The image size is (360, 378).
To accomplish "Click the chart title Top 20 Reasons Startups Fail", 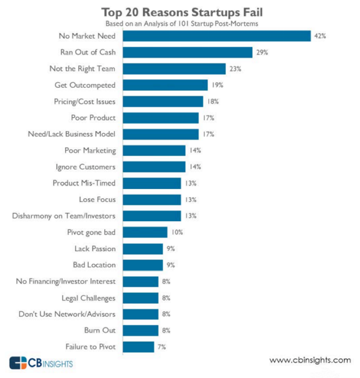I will [x=182, y=12].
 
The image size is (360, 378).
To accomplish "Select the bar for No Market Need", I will [x=217, y=36].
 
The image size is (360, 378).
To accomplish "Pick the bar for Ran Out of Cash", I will [x=188, y=52].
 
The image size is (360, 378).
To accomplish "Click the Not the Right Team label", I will [x=82, y=69].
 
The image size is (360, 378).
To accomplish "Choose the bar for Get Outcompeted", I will [x=165, y=85].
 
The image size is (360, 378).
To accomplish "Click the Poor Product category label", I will [x=93, y=118].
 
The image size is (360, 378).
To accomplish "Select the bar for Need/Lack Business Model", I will [x=161, y=134].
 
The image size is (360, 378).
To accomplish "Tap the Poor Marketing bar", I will [x=154, y=151].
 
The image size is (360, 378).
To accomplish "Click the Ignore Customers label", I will [x=86, y=167].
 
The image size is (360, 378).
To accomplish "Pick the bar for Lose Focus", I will [x=152, y=200].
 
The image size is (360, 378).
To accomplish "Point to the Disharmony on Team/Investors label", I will [x=64, y=216].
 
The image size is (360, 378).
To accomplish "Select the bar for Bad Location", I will [x=143, y=265].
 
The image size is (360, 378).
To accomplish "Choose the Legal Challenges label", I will [x=89, y=298].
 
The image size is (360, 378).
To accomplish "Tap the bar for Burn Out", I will [x=141, y=330].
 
